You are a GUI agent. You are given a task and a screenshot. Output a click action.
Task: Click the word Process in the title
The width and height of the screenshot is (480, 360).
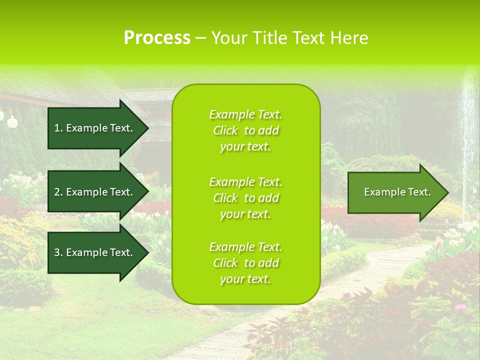[x=157, y=38]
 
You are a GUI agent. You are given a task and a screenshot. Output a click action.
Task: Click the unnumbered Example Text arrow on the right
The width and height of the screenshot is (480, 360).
[x=397, y=192]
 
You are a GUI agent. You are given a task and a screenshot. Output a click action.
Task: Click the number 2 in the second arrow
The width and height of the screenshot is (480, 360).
[x=57, y=192]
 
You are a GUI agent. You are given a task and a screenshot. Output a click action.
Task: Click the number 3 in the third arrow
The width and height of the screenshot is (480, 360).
[x=57, y=252]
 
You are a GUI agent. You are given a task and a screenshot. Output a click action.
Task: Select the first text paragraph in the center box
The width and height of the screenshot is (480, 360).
[x=245, y=130]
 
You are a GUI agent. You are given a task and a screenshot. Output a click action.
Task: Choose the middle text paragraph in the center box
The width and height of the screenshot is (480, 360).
[x=245, y=198]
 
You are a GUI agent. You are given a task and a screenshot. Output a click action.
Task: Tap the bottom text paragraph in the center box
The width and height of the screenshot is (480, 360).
[x=245, y=263]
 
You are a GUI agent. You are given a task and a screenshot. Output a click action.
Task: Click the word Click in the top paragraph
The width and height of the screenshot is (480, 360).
[x=225, y=130]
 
